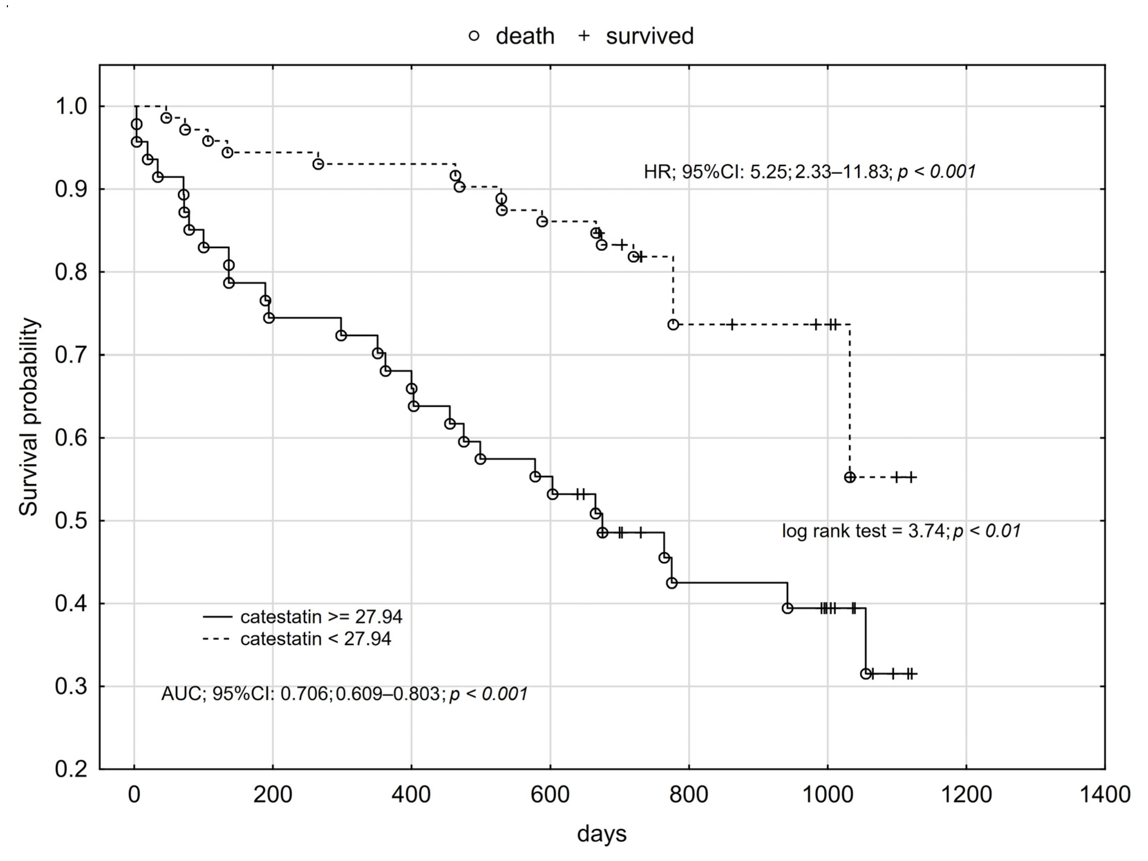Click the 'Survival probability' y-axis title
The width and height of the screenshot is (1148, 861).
[x=29, y=416]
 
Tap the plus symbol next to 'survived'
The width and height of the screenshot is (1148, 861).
[x=584, y=36]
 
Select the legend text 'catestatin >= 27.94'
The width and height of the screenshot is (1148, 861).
[x=321, y=617]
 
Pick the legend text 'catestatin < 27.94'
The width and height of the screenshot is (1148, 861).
[x=316, y=638]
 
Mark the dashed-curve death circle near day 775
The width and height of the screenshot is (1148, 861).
[x=673, y=325]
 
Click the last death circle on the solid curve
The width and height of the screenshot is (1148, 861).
[x=866, y=674]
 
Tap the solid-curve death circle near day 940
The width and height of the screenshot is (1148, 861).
[x=787, y=608]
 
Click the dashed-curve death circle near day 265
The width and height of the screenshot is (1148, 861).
[x=318, y=164]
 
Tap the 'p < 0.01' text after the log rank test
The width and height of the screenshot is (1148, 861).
[x=987, y=531]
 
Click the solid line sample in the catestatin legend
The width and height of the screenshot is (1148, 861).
[x=217, y=617]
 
